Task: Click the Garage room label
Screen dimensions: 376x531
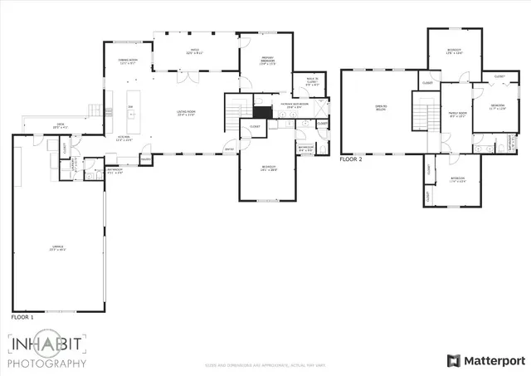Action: tap(57, 248)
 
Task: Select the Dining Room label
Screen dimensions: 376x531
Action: tap(127, 62)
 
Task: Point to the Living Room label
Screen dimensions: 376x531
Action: tap(185, 115)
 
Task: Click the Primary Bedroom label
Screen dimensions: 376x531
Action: tap(266, 62)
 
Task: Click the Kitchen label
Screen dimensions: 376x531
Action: tap(124, 139)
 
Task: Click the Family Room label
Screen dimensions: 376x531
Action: tap(457, 115)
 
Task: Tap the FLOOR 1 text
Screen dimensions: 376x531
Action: tap(22, 317)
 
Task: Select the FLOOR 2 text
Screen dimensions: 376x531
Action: tap(351, 159)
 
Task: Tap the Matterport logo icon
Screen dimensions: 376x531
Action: tap(453, 360)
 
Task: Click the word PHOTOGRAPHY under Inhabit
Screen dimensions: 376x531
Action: tap(46, 364)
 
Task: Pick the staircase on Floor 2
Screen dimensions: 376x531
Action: tap(428, 111)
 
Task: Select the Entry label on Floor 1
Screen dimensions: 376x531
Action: tap(229, 149)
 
